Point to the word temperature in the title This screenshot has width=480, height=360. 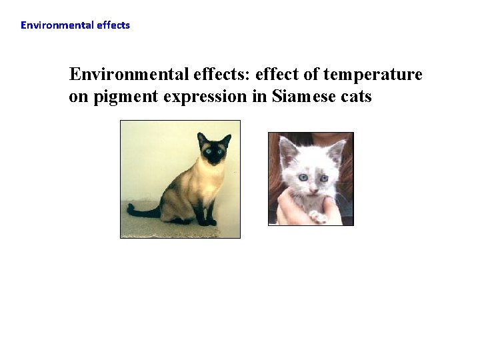point(379,74)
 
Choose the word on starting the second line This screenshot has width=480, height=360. point(79,97)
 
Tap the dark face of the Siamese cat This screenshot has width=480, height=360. point(213,153)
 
